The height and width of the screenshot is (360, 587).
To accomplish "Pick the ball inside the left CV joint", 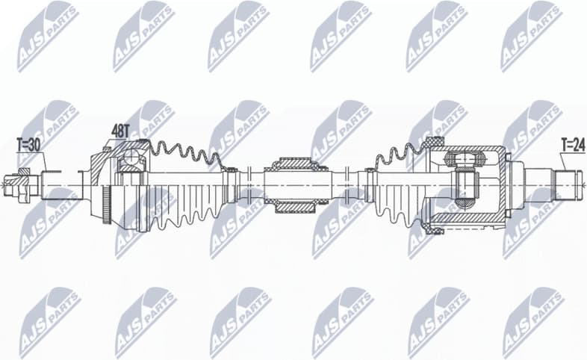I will point(131,158).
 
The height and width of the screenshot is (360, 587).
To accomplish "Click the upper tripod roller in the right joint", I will point(464,158).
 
